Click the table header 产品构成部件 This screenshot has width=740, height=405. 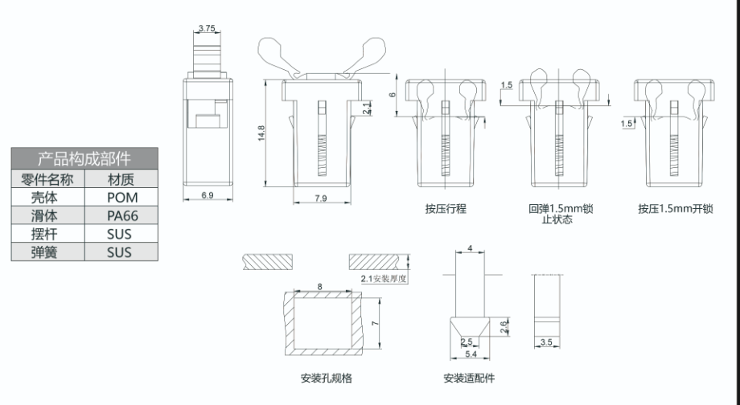84,157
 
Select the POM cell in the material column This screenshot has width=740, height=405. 122,197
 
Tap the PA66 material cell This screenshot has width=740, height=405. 122,215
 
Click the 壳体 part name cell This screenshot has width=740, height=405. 47,197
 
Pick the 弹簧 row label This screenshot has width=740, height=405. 47,252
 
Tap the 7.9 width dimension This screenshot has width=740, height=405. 321,197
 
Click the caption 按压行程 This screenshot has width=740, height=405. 446,209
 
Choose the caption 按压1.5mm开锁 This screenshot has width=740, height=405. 676,209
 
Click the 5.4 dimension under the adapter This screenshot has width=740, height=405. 469,353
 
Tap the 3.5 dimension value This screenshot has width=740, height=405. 546,343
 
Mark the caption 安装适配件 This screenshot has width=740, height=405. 469,378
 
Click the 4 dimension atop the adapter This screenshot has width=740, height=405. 470,248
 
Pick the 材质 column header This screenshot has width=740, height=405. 122,178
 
